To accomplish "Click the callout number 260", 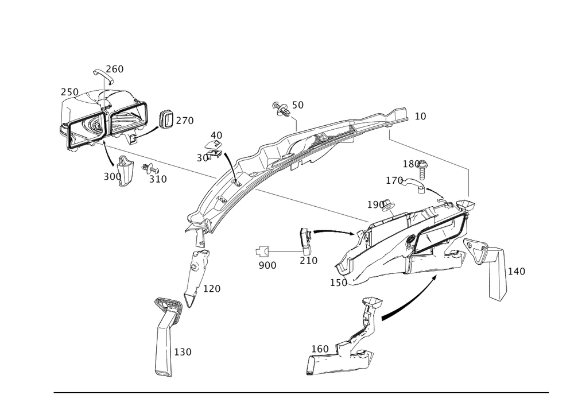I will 115,69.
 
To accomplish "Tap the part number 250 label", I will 69,92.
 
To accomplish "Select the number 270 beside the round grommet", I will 185,121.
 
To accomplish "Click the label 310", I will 157,179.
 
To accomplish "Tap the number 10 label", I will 420,117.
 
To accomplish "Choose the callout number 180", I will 414,164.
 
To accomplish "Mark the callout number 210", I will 308,260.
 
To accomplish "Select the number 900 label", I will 267,265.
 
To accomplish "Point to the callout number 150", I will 338,283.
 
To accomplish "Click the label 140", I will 517,271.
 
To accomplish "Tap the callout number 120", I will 211,288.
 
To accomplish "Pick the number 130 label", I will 182,351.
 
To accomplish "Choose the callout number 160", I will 320,349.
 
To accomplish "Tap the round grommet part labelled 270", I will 165,119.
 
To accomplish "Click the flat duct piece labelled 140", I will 497,274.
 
